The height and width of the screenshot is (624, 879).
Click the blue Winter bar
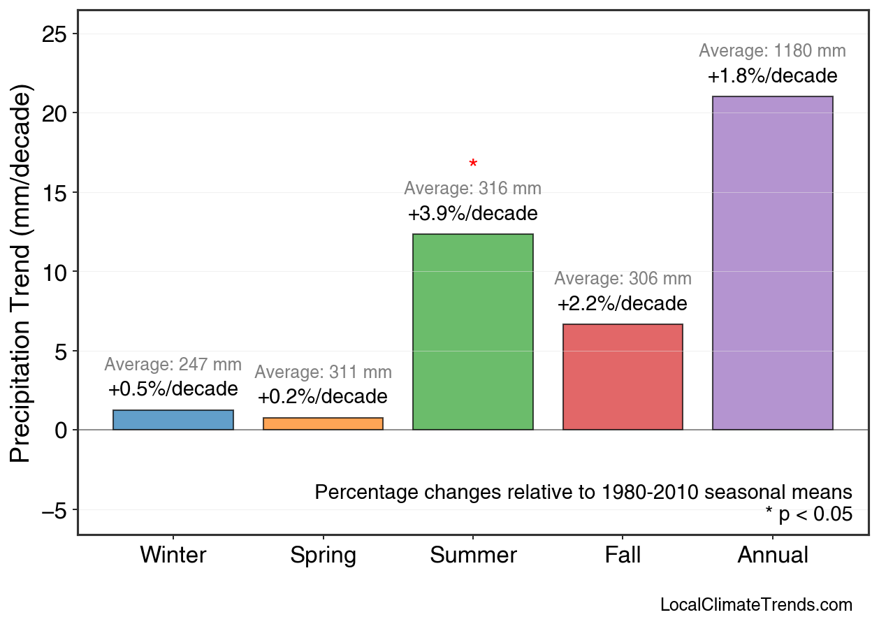pos(173,420)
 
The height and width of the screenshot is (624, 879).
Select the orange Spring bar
pos(323,423)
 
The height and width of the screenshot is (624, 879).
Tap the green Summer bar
pos(473,332)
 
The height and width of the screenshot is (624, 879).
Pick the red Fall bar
pos(623,377)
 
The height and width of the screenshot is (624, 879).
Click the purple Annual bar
pos(772,263)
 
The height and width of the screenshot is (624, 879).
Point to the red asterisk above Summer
pos(473,165)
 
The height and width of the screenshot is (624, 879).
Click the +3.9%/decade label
pos(473,213)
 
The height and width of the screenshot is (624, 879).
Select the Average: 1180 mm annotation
pos(772,51)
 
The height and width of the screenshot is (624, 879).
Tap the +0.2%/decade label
pos(323,397)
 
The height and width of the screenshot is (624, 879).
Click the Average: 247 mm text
pos(173,365)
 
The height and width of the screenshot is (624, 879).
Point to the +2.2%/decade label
pos(623,304)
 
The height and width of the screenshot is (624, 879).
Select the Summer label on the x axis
pos(473,556)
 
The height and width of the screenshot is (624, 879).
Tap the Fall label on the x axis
pos(623,556)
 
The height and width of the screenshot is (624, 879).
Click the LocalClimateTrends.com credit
pos(756,604)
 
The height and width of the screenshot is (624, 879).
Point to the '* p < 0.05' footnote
pos(808,514)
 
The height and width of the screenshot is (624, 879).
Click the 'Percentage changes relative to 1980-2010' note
pos(583,492)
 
